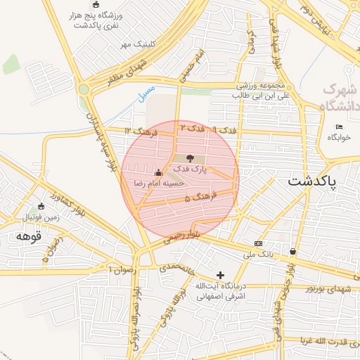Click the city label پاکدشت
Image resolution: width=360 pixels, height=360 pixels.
coord(312,181)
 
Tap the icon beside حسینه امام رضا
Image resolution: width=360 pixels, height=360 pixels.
coord(158,172)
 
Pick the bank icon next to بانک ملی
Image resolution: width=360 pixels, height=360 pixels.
coord(258,243)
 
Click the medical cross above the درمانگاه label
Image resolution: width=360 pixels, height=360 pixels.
coord(221,274)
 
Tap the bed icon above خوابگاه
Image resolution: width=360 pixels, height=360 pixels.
coord(339,127)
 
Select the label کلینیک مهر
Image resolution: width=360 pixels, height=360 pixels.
coord(136,44)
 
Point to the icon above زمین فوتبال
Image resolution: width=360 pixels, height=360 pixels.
coord(41,206)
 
